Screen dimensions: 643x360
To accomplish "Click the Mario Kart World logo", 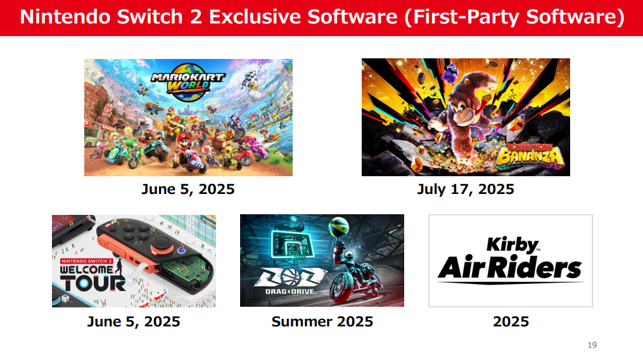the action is pos(188,82).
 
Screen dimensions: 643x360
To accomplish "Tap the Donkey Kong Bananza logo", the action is pos(530,155).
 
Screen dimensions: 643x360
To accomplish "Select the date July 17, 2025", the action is pos(466,190).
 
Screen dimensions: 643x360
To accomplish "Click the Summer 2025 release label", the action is pos(322,321).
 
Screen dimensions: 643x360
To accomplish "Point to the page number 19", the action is pos(592,345).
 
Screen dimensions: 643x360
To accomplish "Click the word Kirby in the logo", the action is pos(513,245).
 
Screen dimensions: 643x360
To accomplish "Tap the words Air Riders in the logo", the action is pos(510,268).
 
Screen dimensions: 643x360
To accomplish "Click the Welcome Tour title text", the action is pos(92,278).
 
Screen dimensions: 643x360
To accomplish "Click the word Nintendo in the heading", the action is pos(65,17).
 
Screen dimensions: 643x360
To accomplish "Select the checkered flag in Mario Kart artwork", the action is pos(249,79).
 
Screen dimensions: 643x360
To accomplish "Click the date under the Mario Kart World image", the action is pos(188,190).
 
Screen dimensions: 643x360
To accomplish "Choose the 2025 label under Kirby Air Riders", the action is pos(511,321).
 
